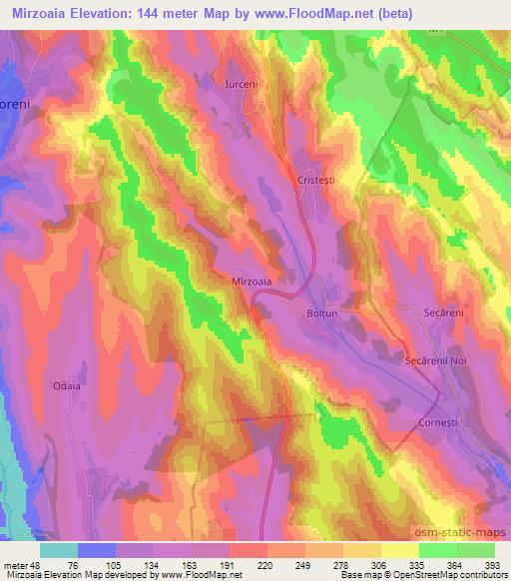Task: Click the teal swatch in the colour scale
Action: coord(59,549)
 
